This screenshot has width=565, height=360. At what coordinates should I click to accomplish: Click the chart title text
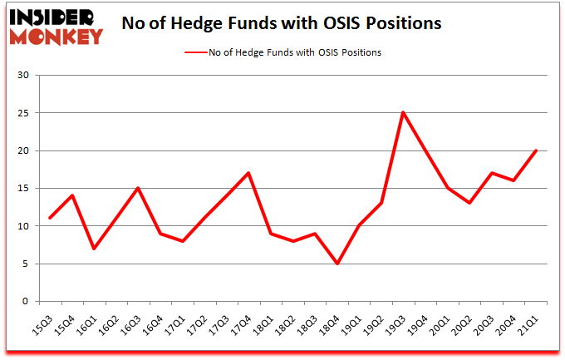[x=281, y=23]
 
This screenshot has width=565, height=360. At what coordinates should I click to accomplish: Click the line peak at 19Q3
[x=403, y=112]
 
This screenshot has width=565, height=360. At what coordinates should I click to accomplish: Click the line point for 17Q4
[x=248, y=173]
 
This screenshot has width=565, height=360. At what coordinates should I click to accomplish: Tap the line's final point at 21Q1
[x=537, y=150]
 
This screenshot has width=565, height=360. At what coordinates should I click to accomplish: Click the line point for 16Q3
[x=137, y=188]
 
